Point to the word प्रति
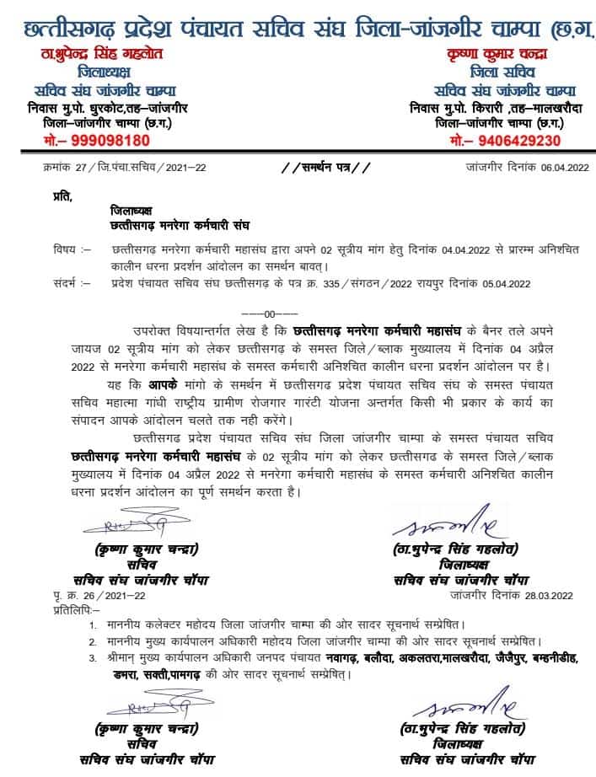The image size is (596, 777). tap(61, 198)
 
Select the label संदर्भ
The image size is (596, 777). tap(66, 283)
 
